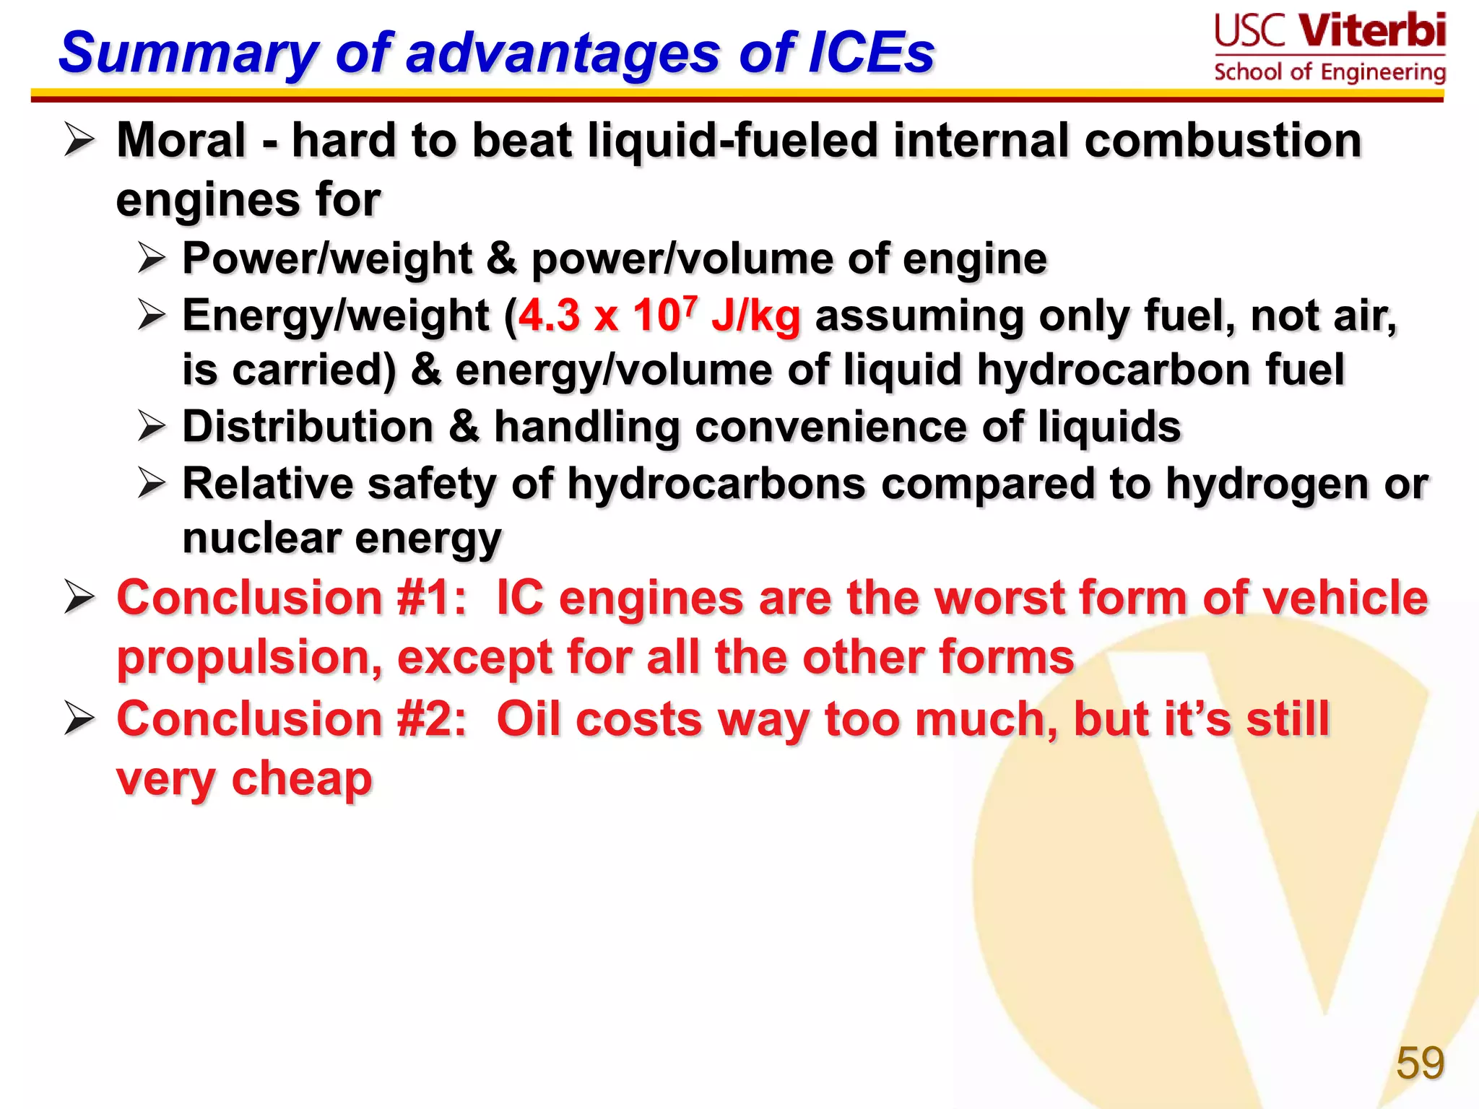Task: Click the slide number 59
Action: [1420, 1062]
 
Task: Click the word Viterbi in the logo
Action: [1372, 31]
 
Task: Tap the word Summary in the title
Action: [188, 53]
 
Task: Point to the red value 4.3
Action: [550, 316]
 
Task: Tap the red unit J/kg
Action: [756, 316]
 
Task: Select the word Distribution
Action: [308, 426]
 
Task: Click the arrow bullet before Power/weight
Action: [152, 258]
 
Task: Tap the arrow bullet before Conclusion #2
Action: [79, 718]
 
